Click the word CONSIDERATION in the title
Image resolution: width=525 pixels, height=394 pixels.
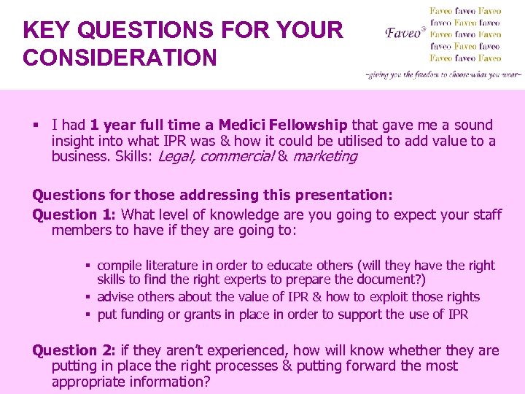(x=120, y=57)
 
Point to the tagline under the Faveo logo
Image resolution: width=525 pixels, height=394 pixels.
(x=443, y=74)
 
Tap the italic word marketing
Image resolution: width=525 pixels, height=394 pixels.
(x=324, y=156)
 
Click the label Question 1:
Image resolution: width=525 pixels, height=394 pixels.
(x=75, y=215)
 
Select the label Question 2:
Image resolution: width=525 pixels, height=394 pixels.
(x=75, y=350)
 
